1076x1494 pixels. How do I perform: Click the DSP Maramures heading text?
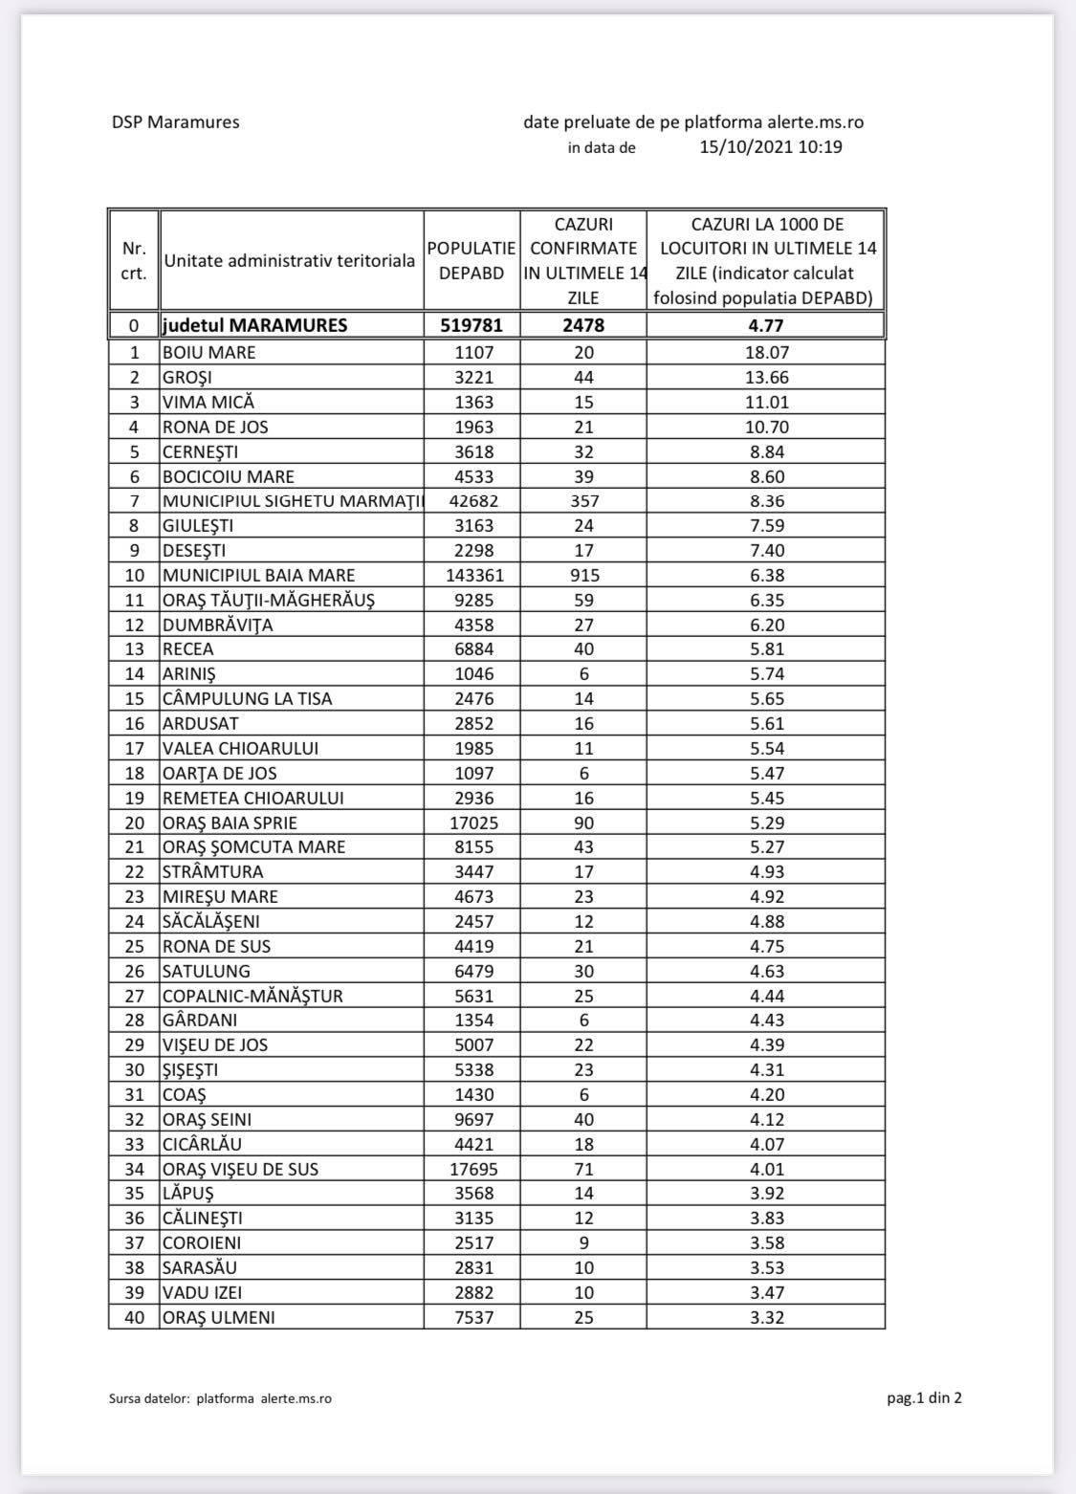point(175,122)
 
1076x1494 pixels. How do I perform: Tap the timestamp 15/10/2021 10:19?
point(771,147)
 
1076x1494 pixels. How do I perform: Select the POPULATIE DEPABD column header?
point(472,260)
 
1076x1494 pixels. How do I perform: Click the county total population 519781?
point(472,325)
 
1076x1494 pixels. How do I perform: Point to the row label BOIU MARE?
point(209,352)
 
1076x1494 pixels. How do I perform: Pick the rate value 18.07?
point(766,352)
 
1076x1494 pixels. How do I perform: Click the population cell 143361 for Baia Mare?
point(472,575)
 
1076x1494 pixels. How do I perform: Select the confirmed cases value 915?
point(583,575)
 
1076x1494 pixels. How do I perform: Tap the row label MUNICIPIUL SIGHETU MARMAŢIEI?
point(292,501)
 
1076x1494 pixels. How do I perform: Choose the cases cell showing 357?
point(583,501)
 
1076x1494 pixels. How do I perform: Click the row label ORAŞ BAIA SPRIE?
point(230,823)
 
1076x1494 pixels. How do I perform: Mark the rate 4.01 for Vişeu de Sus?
point(766,1169)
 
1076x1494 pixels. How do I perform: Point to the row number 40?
point(135,1317)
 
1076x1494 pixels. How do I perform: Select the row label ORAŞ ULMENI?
point(218,1317)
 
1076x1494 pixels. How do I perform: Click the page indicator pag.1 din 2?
point(924,1398)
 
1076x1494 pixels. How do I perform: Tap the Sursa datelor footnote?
point(221,1399)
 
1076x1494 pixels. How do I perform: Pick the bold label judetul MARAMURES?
point(255,325)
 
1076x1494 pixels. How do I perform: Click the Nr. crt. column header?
point(135,260)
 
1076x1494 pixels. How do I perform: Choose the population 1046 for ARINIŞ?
point(472,674)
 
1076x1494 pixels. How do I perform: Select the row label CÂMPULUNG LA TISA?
point(247,699)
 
